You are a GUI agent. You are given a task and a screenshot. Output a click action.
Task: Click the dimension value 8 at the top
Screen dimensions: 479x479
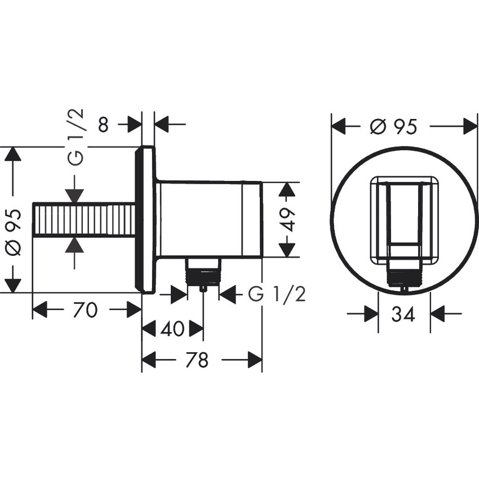click(103, 124)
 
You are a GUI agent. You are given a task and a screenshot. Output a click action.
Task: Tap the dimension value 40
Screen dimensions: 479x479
click(172, 329)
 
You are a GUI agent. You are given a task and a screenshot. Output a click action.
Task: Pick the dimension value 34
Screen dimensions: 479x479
click(403, 314)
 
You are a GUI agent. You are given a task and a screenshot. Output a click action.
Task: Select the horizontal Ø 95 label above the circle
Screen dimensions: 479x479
click(394, 127)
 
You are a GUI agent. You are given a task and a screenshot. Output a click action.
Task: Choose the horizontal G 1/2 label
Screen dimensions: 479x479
click(276, 294)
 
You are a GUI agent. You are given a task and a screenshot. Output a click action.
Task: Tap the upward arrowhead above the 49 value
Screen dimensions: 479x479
click(287, 190)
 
